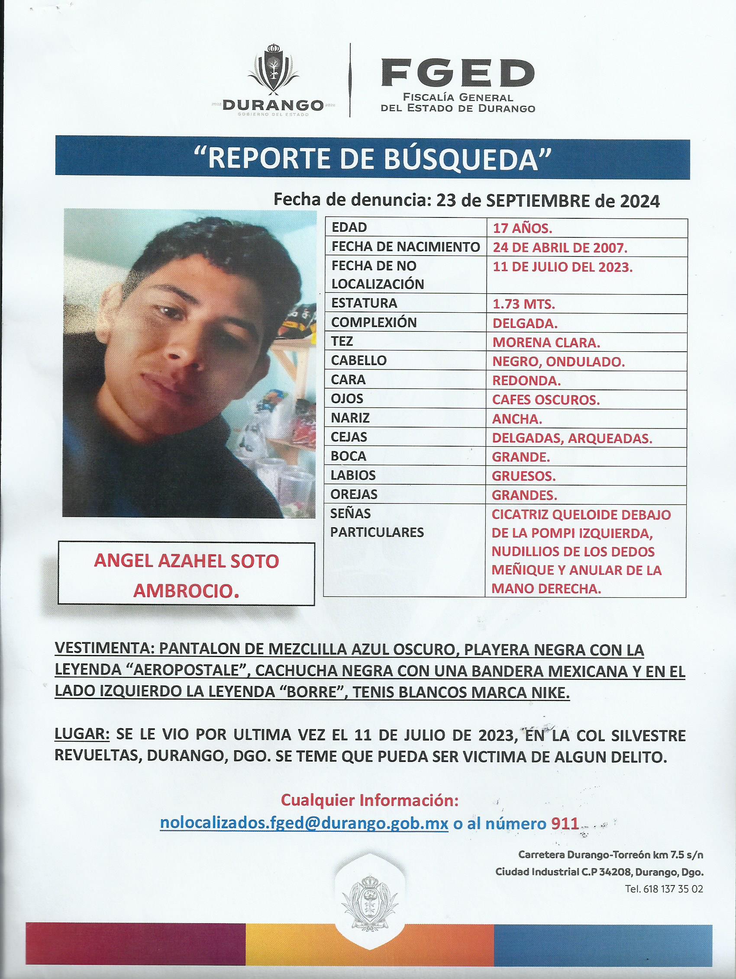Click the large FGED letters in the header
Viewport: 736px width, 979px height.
pos(457,74)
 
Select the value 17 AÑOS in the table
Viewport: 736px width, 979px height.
pos(523,228)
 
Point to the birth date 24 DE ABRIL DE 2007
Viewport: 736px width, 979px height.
pos(560,247)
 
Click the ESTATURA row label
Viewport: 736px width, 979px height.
pos(364,303)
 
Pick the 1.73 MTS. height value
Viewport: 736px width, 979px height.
pos(524,304)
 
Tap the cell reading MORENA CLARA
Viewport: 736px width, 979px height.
pos(546,342)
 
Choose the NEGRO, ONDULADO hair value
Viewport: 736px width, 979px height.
pos(558,362)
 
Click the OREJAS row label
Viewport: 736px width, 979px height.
pos(354,494)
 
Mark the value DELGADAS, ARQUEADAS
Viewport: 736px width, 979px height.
pos(572,438)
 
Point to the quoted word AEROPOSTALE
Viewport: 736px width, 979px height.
pos(184,670)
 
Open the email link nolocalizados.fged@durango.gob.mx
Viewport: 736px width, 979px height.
pos(304,823)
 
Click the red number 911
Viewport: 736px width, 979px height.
pos(565,823)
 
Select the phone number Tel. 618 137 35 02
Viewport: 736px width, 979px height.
pos(663,888)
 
